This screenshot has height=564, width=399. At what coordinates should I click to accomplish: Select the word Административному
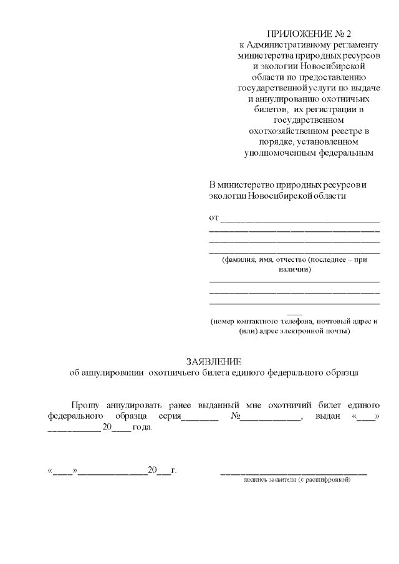tap(286, 45)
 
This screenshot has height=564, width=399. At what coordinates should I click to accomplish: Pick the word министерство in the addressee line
tap(248, 185)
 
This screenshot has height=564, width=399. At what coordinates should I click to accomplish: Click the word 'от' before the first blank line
tap(213, 217)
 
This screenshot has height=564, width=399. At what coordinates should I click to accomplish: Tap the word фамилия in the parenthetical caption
tap(240, 259)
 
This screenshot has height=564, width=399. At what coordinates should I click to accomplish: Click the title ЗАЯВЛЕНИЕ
tap(213, 362)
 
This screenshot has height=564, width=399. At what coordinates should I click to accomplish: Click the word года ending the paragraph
tap(143, 428)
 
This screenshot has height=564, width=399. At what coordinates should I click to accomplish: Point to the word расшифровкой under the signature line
tap(330, 480)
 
